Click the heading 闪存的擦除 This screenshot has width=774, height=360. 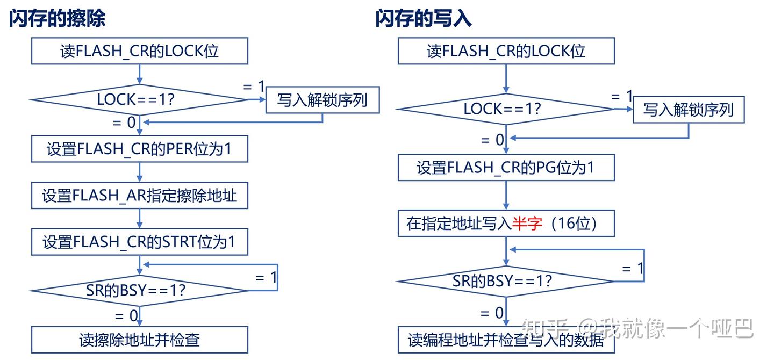(x=57, y=18)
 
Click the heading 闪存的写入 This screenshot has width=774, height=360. (x=424, y=18)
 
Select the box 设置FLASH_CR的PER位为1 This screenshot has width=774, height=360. (x=140, y=149)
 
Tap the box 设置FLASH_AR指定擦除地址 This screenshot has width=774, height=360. (x=140, y=196)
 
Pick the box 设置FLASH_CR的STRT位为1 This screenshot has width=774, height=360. (x=140, y=242)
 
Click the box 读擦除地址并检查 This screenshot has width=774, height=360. (x=140, y=340)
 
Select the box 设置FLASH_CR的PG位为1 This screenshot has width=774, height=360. (x=506, y=168)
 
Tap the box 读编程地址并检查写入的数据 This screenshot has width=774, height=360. (x=506, y=340)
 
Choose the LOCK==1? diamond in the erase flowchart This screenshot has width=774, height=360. (x=140, y=99)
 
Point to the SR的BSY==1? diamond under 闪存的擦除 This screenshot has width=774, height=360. (x=140, y=291)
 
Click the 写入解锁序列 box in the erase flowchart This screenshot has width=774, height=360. (x=322, y=100)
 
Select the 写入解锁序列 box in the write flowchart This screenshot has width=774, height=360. (x=689, y=110)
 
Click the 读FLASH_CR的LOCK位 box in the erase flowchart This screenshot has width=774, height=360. (x=140, y=52)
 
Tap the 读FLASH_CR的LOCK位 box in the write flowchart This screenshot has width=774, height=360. (x=506, y=52)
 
